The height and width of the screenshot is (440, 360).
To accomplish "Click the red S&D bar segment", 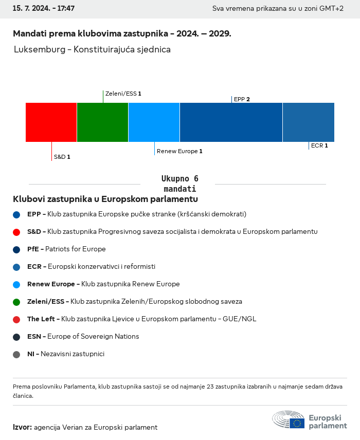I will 51,122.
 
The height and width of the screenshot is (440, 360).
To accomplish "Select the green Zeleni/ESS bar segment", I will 102,122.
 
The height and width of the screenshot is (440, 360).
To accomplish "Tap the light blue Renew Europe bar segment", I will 154,122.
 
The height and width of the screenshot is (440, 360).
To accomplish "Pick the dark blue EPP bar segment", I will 231,122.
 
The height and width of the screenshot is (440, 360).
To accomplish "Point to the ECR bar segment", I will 308,122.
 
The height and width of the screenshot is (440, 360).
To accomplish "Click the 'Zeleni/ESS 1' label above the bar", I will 123,94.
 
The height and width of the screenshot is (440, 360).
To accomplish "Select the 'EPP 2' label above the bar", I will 242,99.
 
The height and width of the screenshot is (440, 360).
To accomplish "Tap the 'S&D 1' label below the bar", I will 62,157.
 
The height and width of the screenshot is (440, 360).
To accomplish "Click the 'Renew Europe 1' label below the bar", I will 179,151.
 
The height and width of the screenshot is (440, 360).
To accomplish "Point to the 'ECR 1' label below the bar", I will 319,145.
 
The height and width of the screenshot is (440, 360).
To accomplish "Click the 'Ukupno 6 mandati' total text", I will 179,184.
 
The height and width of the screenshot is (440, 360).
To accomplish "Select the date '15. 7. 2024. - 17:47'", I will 44,9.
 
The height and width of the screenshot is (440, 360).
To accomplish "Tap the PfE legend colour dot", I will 16,249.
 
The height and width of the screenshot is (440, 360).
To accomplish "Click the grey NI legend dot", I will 16,354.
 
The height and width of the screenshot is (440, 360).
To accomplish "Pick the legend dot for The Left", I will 16,319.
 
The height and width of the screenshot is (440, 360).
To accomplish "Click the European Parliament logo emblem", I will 289,419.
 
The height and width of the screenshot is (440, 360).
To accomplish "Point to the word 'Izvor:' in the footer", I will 22,427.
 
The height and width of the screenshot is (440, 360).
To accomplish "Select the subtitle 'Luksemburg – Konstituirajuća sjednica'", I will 92,50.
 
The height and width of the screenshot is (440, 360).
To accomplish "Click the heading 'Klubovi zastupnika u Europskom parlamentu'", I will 105,199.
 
